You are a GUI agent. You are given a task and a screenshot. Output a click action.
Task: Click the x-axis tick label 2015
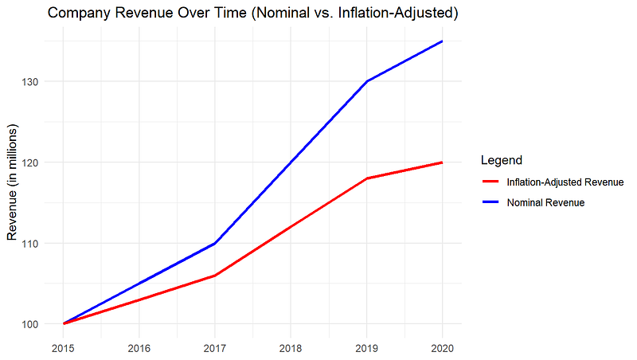click(63, 348)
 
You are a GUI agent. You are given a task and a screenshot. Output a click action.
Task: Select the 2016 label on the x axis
click(139, 348)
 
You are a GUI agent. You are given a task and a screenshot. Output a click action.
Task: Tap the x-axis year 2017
click(215, 348)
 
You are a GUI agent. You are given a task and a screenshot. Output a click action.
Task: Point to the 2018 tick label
click(291, 348)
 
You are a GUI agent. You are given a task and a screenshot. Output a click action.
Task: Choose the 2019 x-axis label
click(366, 348)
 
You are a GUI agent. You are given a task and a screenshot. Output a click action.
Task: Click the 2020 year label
click(443, 348)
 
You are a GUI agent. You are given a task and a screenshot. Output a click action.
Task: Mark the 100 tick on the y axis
click(30, 324)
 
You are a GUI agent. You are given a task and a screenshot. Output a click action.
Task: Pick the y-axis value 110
click(30, 244)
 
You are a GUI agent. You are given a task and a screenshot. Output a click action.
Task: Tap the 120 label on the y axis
click(30, 162)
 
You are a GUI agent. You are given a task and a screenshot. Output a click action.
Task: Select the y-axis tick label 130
click(30, 82)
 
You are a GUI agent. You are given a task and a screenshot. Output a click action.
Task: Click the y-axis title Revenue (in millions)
click(12, 182)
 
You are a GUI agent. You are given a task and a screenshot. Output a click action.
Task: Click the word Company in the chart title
click(79, 13)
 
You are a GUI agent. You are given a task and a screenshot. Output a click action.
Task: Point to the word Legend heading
click(502, 160)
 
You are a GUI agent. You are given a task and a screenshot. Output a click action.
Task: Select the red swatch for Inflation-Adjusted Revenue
click(490, 182)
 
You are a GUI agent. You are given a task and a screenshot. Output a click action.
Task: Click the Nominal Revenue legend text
click(545, 202)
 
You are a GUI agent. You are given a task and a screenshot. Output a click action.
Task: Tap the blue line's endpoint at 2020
click(442, 41)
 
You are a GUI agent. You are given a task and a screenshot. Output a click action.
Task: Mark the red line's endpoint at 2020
click(442, 162)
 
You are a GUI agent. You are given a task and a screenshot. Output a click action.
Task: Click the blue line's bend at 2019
click(367, 81)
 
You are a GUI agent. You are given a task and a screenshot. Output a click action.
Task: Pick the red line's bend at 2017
click(215, 276)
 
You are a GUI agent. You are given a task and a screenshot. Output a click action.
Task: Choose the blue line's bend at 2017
click(215, 244)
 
